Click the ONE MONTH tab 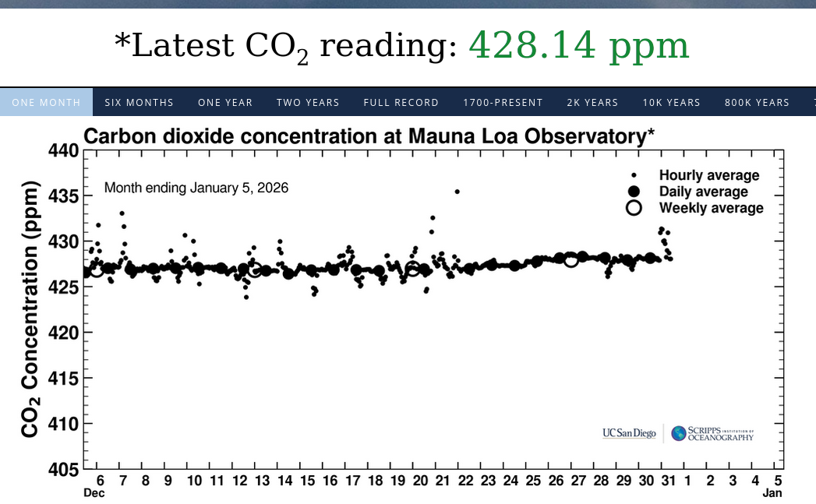tap(46, 102)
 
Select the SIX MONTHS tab tap(139, 102)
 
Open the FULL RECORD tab tap(401, 102)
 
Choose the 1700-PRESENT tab tap(503, 102)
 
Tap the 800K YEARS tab tap(757, 102)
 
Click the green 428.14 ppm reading tap(578, 47)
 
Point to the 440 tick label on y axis tap(64, 150)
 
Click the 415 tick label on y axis tap(64, 379)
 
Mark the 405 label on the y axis tap(64, 470)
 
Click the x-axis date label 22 tap(465, 481)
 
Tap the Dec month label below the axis tap(94, 493)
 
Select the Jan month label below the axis tap(772, 493)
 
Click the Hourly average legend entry tap(708, 175)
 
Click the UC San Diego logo tap(629, 433)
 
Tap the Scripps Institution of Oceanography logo tap(713, 433)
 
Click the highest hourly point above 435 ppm tap(457, 191)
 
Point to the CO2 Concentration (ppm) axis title tap(30, 310)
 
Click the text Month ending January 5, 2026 tap(196, 188)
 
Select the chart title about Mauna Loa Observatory tap(369, 136)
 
